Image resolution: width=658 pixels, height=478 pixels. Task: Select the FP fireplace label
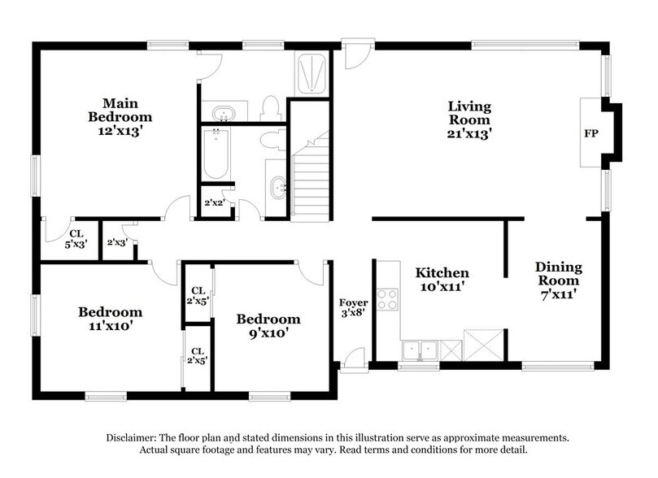click(590, 132)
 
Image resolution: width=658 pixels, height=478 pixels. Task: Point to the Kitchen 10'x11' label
click(442, 279)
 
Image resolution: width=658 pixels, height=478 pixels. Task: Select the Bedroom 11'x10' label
click(111, 318)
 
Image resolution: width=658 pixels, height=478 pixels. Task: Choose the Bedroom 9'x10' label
click(268, 325)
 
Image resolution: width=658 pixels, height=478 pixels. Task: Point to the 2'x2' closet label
click(213, 202)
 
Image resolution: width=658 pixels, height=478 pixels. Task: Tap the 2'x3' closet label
click(118, 241)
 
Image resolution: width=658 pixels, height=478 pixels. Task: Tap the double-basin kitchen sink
click(421, 350)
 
